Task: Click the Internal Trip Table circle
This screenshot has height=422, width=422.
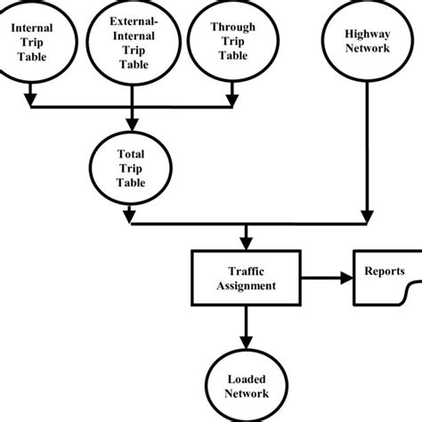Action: click(32, 41)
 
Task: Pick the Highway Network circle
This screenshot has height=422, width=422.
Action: click(367, 41)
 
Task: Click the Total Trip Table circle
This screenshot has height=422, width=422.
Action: click(132, 167)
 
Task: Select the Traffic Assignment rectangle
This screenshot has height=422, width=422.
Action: click(247, 279)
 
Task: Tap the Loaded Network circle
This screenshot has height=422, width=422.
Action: click(247, 384)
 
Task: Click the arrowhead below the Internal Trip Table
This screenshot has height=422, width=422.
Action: click(32, 93)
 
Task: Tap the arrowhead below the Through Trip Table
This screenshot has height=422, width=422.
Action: click(231, 93)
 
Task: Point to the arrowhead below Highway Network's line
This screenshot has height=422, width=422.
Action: click(367, 216)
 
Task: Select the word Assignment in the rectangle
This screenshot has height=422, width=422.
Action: click(247, 286)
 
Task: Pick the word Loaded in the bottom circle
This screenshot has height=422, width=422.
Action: click(247, 377)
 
